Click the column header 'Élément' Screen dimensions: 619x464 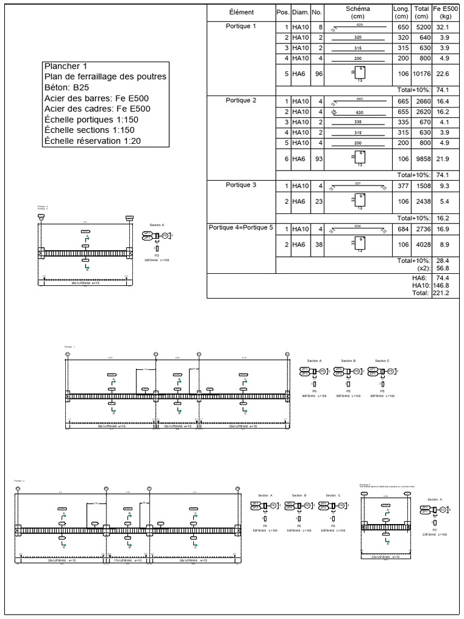241,13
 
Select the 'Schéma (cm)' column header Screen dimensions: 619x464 358,13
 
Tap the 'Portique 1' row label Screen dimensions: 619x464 241,27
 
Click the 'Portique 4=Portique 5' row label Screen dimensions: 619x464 241,228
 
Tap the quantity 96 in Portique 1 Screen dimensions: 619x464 317,74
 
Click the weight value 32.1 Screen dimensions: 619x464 444,28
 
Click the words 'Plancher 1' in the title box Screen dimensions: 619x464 65,66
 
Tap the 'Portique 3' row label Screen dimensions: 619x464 241,185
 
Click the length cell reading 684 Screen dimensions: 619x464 402,230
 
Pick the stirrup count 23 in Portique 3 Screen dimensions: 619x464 317,201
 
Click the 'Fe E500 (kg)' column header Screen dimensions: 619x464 446,13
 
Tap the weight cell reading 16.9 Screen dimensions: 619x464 444,230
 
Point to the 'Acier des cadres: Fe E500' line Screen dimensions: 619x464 97,109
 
